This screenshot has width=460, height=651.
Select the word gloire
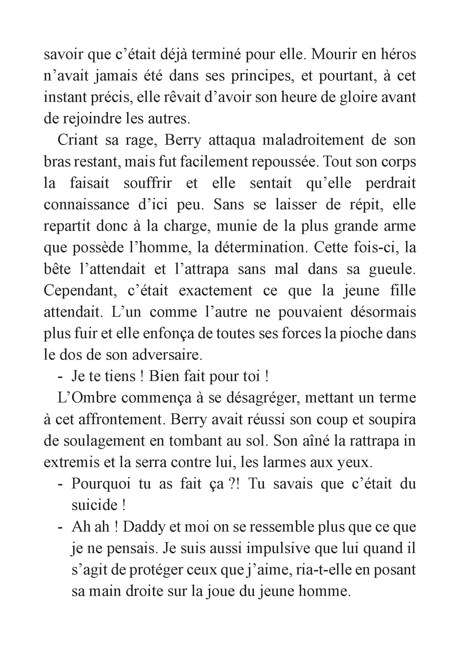(x=359, y=97)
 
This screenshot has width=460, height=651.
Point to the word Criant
(x=78, y=140)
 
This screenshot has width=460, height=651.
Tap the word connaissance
(x=86, y=205)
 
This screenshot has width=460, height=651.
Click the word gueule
(x=392, y=269)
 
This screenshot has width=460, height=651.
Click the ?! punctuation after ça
(x=234, y=484)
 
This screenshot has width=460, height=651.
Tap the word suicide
(x=94, y=505)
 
